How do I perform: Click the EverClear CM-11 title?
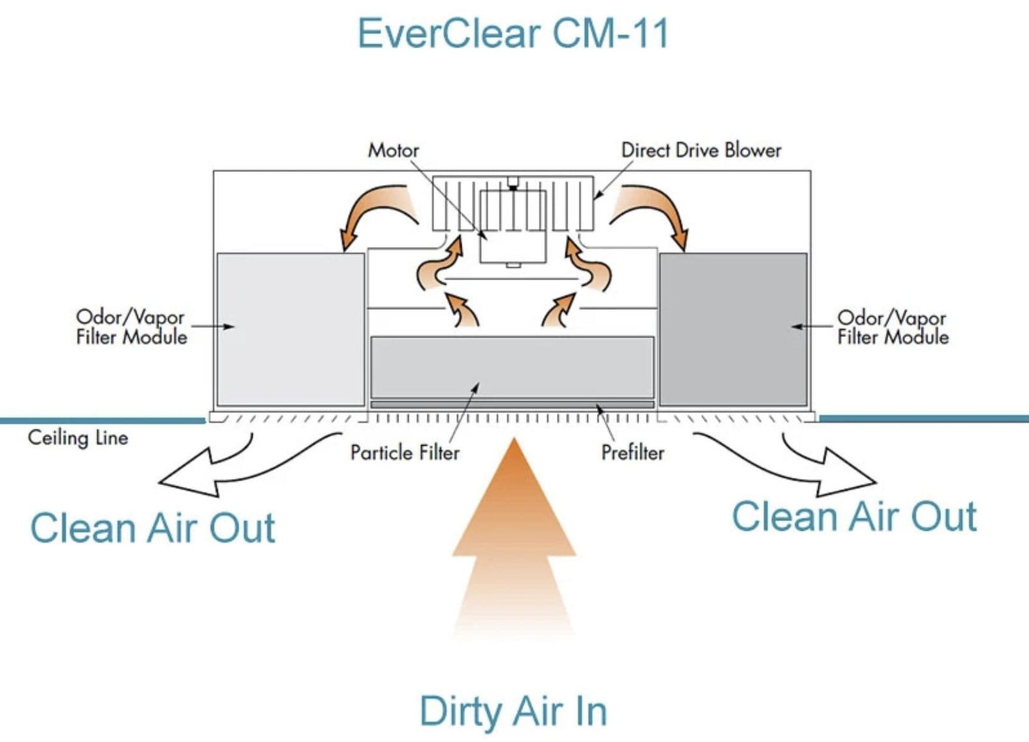pos(513,33)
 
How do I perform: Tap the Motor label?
pos(393,150)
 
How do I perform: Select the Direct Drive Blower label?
pos(701,150)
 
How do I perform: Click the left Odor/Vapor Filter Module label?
pos(131,327)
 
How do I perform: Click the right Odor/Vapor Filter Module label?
pos(893,327)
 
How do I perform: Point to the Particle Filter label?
pos(405,453)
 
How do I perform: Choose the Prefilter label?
pos(632,453)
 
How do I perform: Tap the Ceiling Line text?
pos(78,438)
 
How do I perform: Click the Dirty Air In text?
pos(513,711)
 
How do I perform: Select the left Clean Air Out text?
pos(152,529)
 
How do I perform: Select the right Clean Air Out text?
pos(854,516)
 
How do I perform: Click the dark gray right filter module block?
pos(733,329)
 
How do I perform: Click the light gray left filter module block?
pos(290,329)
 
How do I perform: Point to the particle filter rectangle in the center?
pos(512,367)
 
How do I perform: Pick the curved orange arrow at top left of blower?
pos(373,212)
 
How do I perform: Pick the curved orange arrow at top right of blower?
pos(653,212)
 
